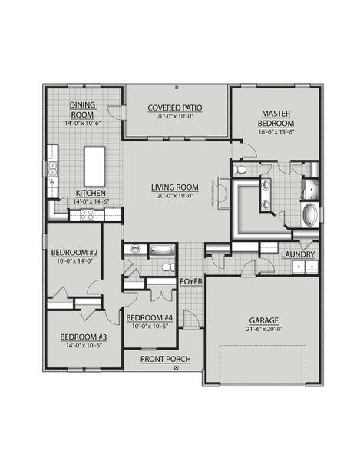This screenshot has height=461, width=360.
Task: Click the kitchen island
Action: click(95, 162)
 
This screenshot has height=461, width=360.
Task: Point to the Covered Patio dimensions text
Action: click(177, 117)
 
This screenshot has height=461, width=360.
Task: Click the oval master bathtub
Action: click(309, 214)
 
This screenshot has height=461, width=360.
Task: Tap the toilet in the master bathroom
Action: click(241, 170)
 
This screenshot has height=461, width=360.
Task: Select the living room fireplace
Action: click(223, 191)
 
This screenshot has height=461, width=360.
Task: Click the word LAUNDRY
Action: click(298, 254)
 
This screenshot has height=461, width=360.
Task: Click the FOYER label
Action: click(191, 282)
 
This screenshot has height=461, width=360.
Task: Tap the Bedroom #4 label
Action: click(150, 317)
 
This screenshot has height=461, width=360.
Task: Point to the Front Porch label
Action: click(165, 359)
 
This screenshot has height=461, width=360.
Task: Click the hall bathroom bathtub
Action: click(162, 250)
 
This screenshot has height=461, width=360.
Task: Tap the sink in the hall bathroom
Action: click(134, 249)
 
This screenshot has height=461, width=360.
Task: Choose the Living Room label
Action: click(176, 187)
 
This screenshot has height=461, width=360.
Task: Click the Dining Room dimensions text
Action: click(83, 122)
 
